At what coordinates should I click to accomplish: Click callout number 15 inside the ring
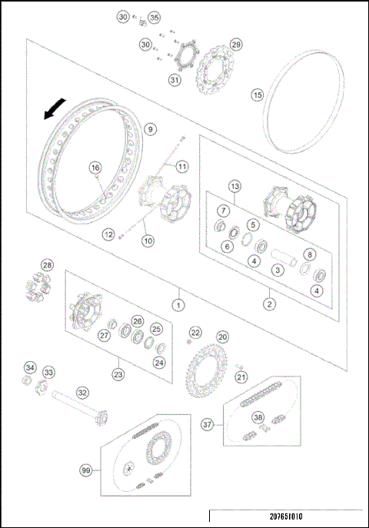tap(258, 95)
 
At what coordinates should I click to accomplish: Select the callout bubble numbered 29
tap(236, 44)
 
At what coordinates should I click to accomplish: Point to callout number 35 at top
tap(154, 17)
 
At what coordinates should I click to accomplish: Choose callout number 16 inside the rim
tap(95, 168)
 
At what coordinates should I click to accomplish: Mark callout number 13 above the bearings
tap(235, 187)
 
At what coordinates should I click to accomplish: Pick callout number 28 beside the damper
tap(48, 266)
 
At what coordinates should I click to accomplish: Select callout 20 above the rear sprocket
tap(222, 337)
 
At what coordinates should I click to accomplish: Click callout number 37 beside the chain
tap(207, 424)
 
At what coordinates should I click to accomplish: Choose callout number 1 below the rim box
tap(178, 304)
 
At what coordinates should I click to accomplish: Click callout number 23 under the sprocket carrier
tap(118, 374)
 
